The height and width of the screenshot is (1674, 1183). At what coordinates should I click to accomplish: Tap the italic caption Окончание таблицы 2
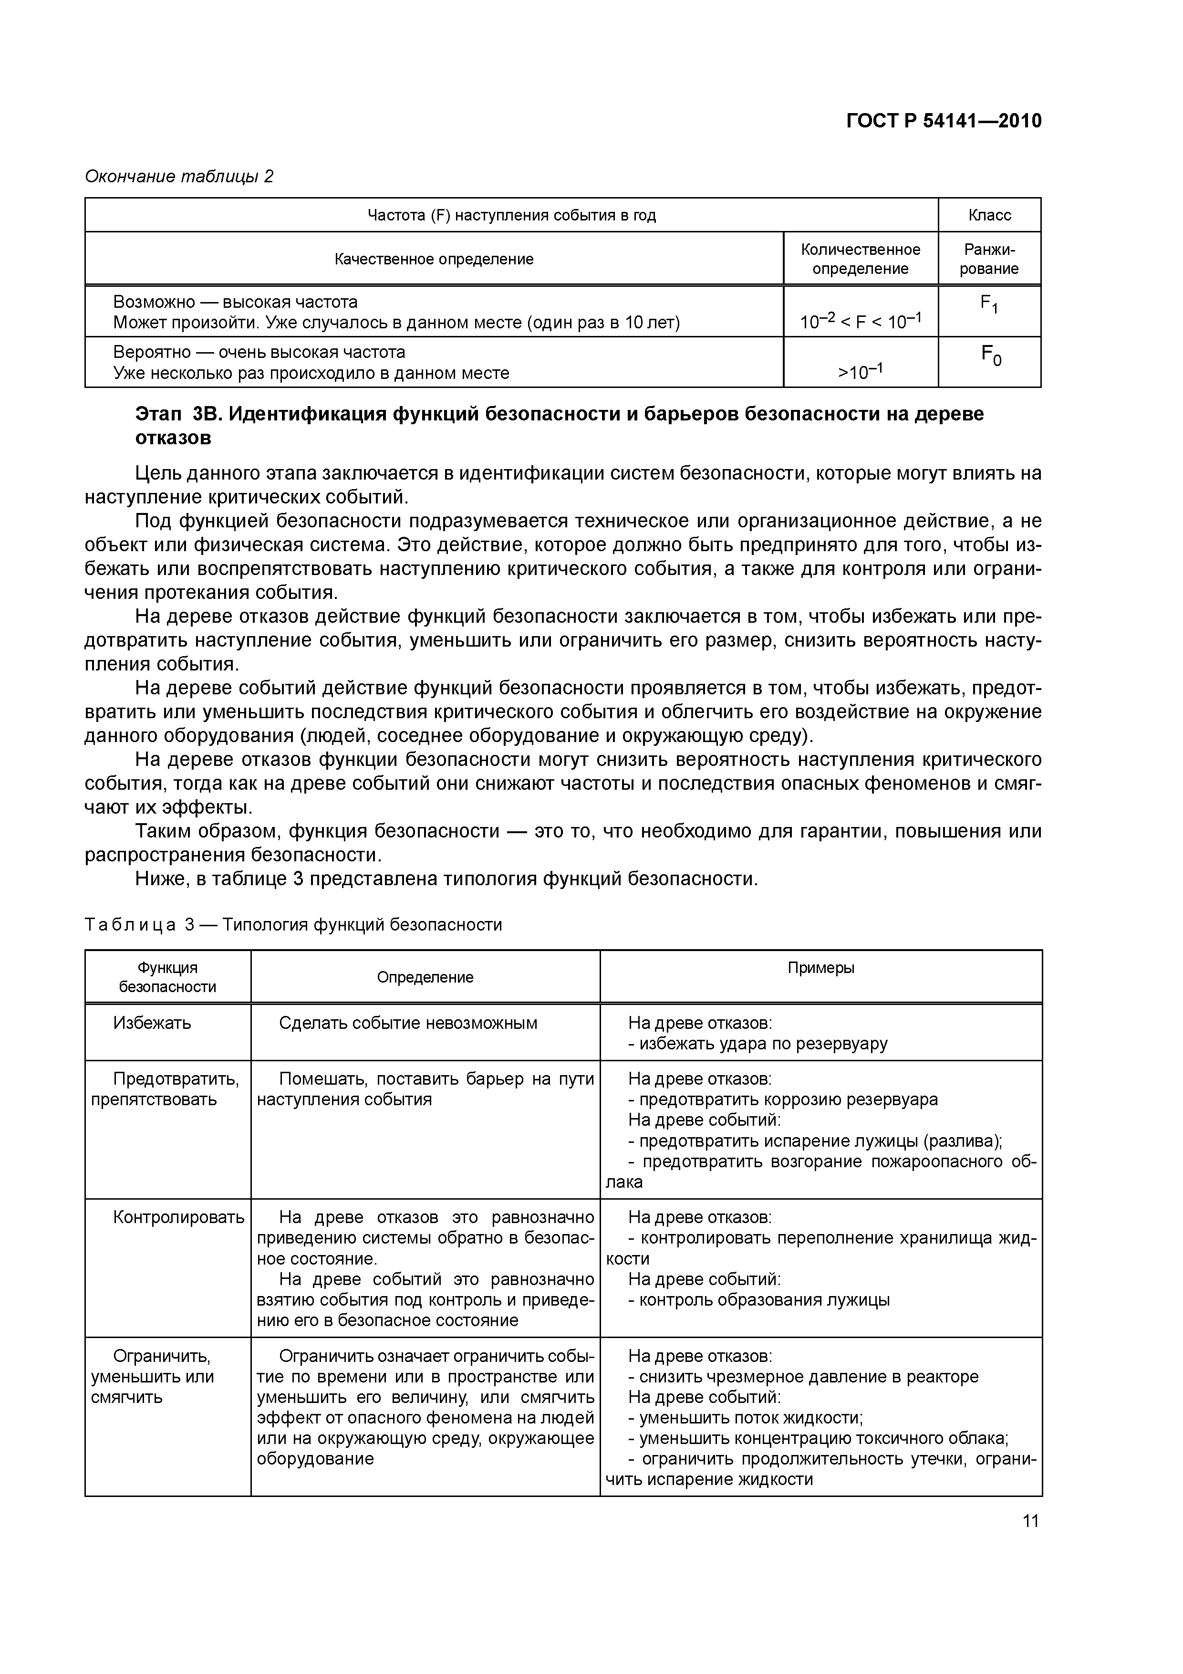click(179, 177)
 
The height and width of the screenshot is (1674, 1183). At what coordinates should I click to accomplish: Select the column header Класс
click(989, 215)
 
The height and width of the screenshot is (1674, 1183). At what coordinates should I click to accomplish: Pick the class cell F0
click(990, 356)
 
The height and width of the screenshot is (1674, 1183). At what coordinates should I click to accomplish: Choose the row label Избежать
click(152, 1023)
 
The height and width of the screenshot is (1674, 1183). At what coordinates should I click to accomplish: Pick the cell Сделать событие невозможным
click(408, 1023)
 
